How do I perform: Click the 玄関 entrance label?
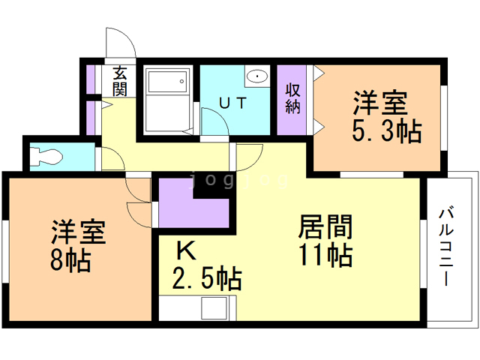(x=120, y=81)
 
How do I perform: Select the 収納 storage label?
(x=292, y=97)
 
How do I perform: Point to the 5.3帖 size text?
(x=386, y=131)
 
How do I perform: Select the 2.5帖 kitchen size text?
(x=207, y=280)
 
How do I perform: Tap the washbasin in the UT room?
(x=256, y=75)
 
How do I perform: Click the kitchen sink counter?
(x=196, y=308)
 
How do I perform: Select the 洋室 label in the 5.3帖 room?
(x=380, y=101)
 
